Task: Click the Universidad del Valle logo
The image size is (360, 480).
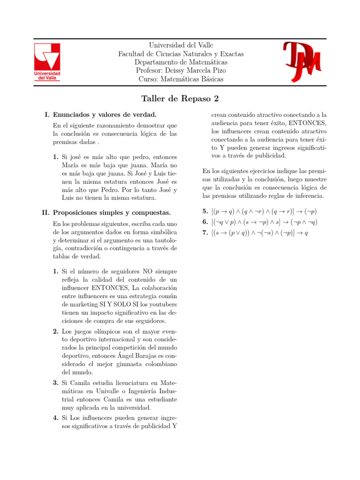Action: click(x=47, y=62)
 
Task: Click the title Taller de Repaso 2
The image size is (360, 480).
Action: click(x=180, y=99)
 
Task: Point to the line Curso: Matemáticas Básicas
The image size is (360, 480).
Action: click(x=180, y=79)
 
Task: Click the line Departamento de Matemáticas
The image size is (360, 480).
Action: click(x=180, y=62)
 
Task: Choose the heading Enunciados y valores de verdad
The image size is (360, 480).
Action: click(x=105, y=114)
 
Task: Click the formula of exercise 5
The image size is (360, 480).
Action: click(x=264, y=211)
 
